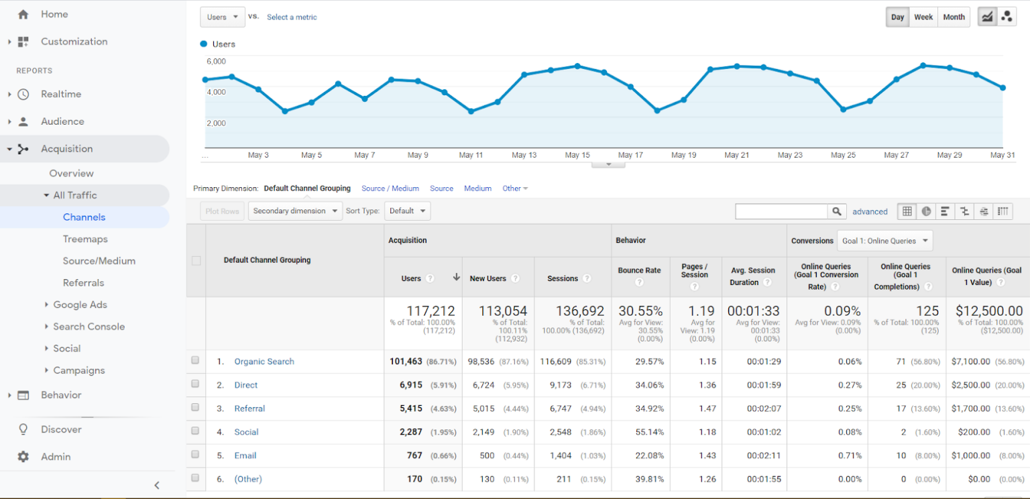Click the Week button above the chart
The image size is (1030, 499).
(923, 17)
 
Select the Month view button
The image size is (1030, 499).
(954, 17)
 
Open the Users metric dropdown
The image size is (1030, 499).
(223, 17)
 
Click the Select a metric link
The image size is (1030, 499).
(292, 17)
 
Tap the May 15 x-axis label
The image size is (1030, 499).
(577, 155)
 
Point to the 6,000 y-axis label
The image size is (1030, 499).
(216, 61)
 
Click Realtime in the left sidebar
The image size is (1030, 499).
(61, 94)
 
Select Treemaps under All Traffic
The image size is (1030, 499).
(85, 239)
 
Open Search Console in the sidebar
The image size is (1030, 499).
(89, 327)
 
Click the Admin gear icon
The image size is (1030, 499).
(23, 457)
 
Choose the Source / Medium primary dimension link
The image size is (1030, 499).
(390, 188)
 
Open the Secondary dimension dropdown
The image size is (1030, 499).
(295, 211)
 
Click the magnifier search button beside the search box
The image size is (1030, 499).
(836, 211)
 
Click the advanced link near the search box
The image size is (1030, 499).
(870, 211)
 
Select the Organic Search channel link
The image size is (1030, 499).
(264, 362)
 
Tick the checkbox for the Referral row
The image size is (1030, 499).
(195, 407)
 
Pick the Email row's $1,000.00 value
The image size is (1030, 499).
(970, 455)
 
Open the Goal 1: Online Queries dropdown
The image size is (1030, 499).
(884, 241)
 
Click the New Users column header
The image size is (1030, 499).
(488, 278)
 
